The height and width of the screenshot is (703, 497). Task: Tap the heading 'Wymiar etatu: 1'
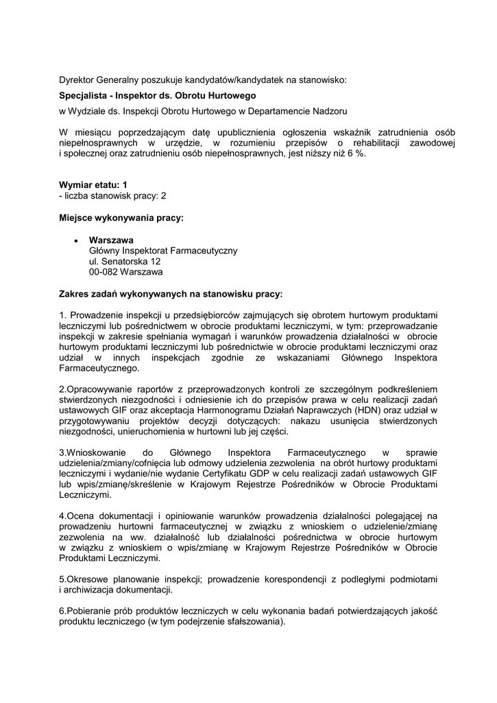click(93, 185)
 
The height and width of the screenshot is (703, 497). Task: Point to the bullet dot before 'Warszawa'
click(75, 240)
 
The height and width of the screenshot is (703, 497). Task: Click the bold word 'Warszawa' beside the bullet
click(111, 240)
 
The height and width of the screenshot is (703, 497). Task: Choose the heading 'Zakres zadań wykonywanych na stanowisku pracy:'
click(171, 295)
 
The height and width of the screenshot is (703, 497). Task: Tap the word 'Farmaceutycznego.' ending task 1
click(99, 368)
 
